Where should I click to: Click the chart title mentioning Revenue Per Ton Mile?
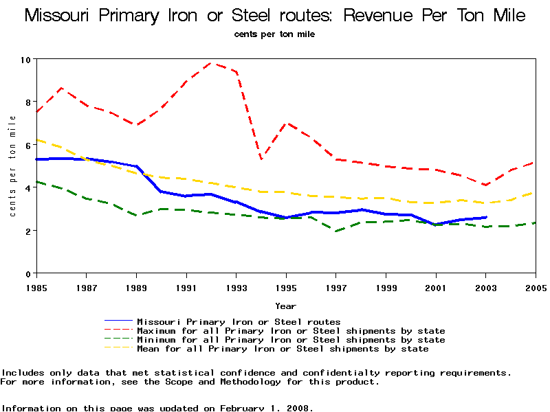click(x=275, y=16)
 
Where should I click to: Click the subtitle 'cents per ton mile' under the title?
click(x=274, y=34)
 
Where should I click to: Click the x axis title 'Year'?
click(x=286, y=306)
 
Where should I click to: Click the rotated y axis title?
click(x=13, y=166)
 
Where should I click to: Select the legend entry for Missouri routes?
click(x=239, y=321)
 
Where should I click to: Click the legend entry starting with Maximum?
click(x=291, y=331)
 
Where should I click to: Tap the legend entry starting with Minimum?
click(x=291, y=340)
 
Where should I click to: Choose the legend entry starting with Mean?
click(x=283, y=349)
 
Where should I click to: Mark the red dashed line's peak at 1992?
click(x=211, y=63)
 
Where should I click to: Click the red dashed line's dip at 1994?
click(x=261, y=159)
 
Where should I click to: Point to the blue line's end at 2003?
click(x=486, y=217)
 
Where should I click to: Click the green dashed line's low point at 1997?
click(x=336, y=231)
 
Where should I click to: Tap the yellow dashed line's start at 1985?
click(x=36, y=139)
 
